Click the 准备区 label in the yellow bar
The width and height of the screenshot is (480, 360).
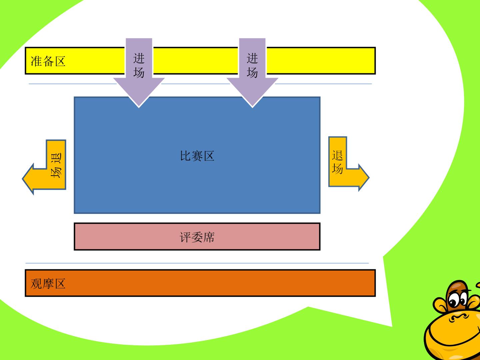point(48,61)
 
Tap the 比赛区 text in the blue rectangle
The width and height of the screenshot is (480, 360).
point(197,156)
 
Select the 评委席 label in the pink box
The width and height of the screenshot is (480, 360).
point(197,237)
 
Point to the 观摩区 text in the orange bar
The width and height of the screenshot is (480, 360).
point(48,284)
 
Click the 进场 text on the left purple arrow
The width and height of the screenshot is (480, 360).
point(139,65)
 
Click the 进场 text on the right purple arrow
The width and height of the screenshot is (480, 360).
point(252,65)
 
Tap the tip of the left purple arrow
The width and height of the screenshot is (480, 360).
point(139,107)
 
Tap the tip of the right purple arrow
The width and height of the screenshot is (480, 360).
point(252,107)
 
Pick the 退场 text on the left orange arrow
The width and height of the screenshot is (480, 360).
point(56,165)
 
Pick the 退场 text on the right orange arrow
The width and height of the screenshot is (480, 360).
point(337,162)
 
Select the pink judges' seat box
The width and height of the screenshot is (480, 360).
point(197,237)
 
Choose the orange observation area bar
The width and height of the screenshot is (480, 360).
point(200,283)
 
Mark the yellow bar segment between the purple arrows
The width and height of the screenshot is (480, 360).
point(195,61)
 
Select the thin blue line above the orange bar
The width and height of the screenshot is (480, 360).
point(197,263)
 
